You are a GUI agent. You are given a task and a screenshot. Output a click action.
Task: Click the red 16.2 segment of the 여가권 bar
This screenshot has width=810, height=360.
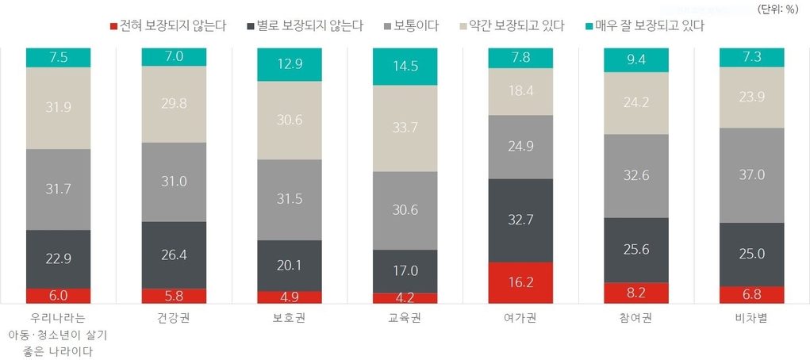tap(520, 281)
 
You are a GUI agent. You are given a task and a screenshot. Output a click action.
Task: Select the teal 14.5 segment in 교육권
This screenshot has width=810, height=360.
tap(405, 67)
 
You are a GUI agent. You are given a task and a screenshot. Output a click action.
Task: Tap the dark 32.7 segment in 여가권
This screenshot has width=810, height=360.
tap(520, 220)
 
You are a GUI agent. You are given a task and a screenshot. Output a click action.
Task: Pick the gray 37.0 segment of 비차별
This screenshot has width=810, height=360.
tap(750, 174)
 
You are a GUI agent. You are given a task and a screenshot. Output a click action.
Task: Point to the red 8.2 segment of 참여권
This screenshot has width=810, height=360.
tap(635, 293)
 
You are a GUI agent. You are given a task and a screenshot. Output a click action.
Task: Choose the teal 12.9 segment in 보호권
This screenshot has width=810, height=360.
tap(290, 63)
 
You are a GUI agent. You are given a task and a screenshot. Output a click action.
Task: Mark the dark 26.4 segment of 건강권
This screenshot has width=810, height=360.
tap(174, 255)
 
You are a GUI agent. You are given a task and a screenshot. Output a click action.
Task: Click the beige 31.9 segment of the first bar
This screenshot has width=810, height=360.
tap(58, 108)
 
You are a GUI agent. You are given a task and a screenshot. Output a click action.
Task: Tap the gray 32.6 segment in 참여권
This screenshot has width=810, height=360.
tap(635, 175)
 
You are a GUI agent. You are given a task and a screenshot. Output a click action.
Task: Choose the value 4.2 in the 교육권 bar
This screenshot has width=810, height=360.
tap(405, 298)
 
